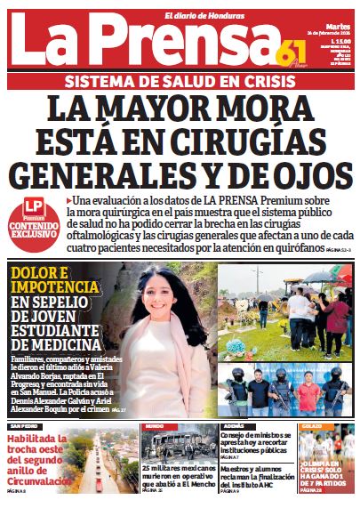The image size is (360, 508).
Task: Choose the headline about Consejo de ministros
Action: tap(253, 446)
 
